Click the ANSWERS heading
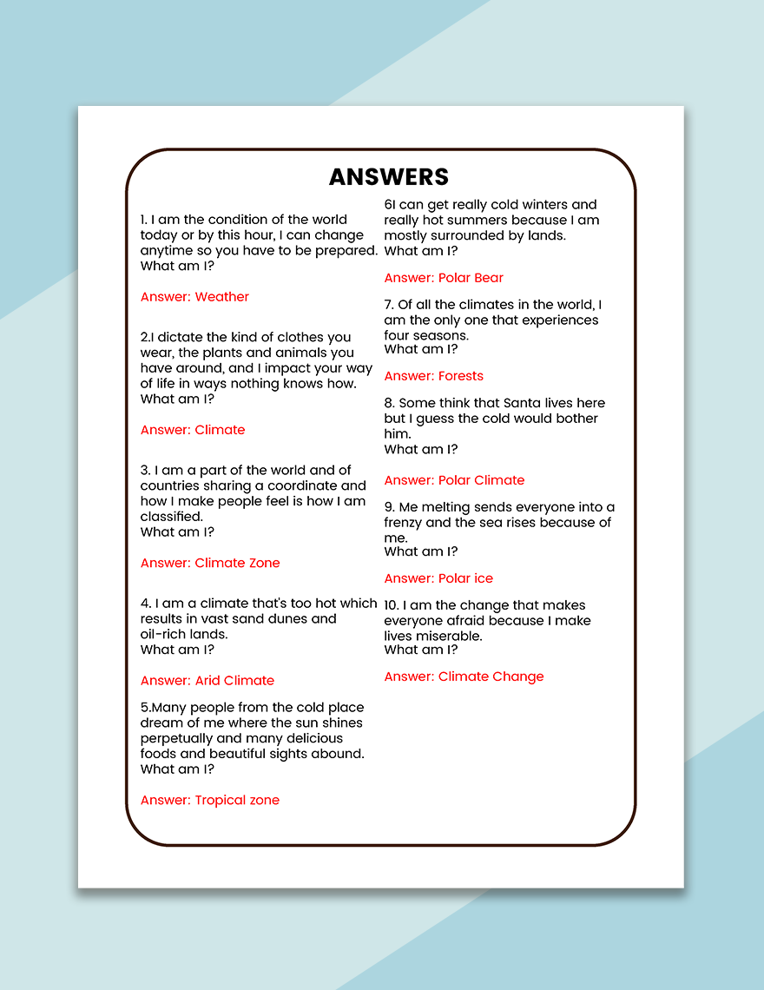click(389, 177)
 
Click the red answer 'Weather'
click(221, 297)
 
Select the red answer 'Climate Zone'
click(237, 563)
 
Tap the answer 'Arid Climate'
click(234, 681)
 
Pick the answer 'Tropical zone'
click(237, 801)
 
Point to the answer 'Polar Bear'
click(471, 278)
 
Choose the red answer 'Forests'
click(460, 376)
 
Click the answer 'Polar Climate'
click(481, 480)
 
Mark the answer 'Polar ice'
click(465, 578)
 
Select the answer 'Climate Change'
click(491, 676)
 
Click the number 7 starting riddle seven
click(388, 305)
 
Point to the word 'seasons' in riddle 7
click(441, 335)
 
